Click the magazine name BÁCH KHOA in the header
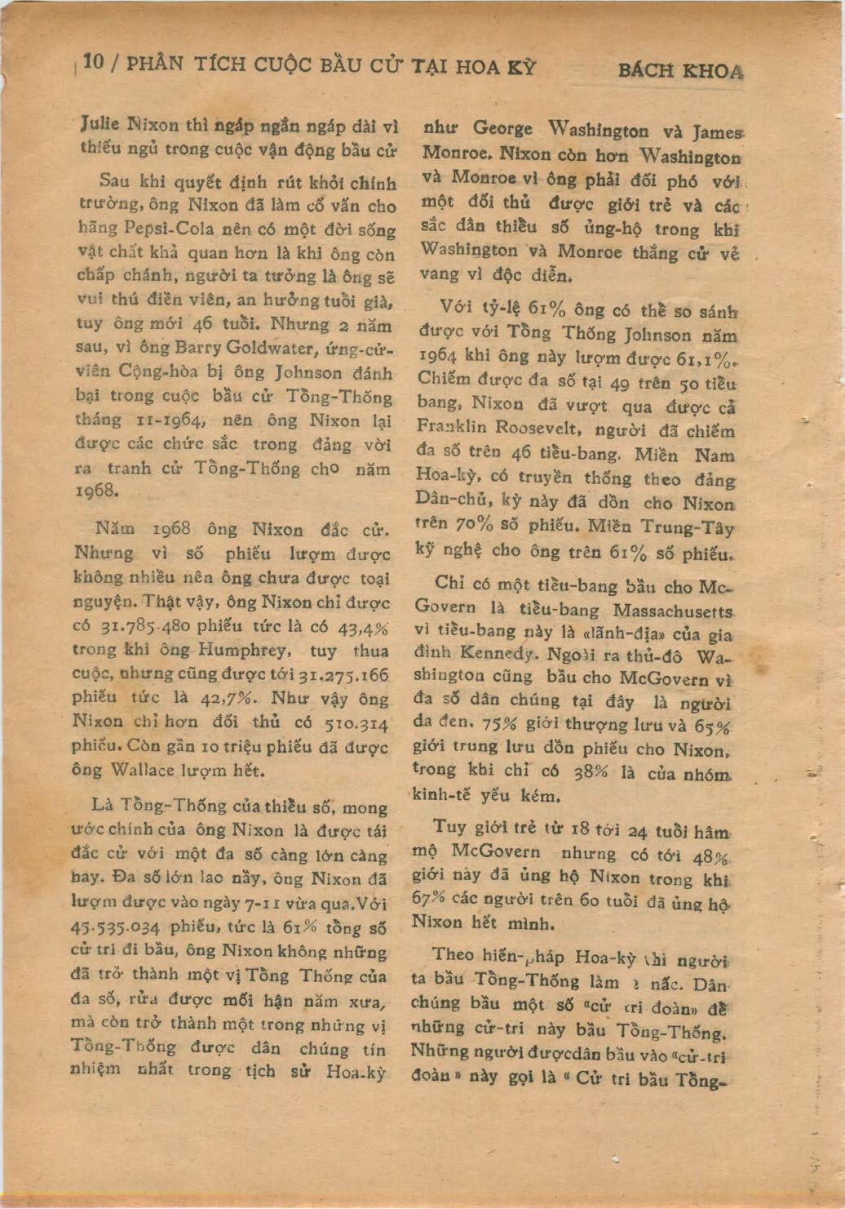click(x=680, y=70)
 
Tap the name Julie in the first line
click(x=100, y=124)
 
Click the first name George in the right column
click(x=502, y=128)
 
